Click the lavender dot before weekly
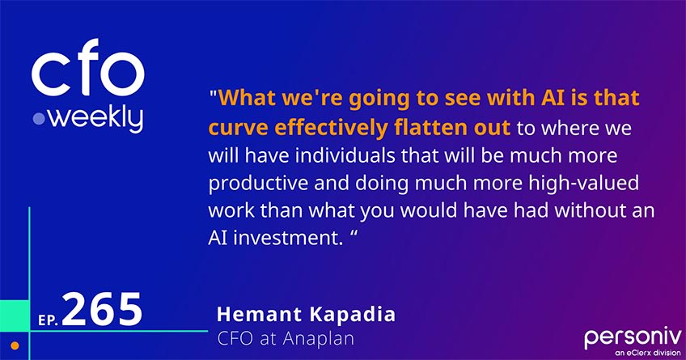(38, 119)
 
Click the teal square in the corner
(14, 312)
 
